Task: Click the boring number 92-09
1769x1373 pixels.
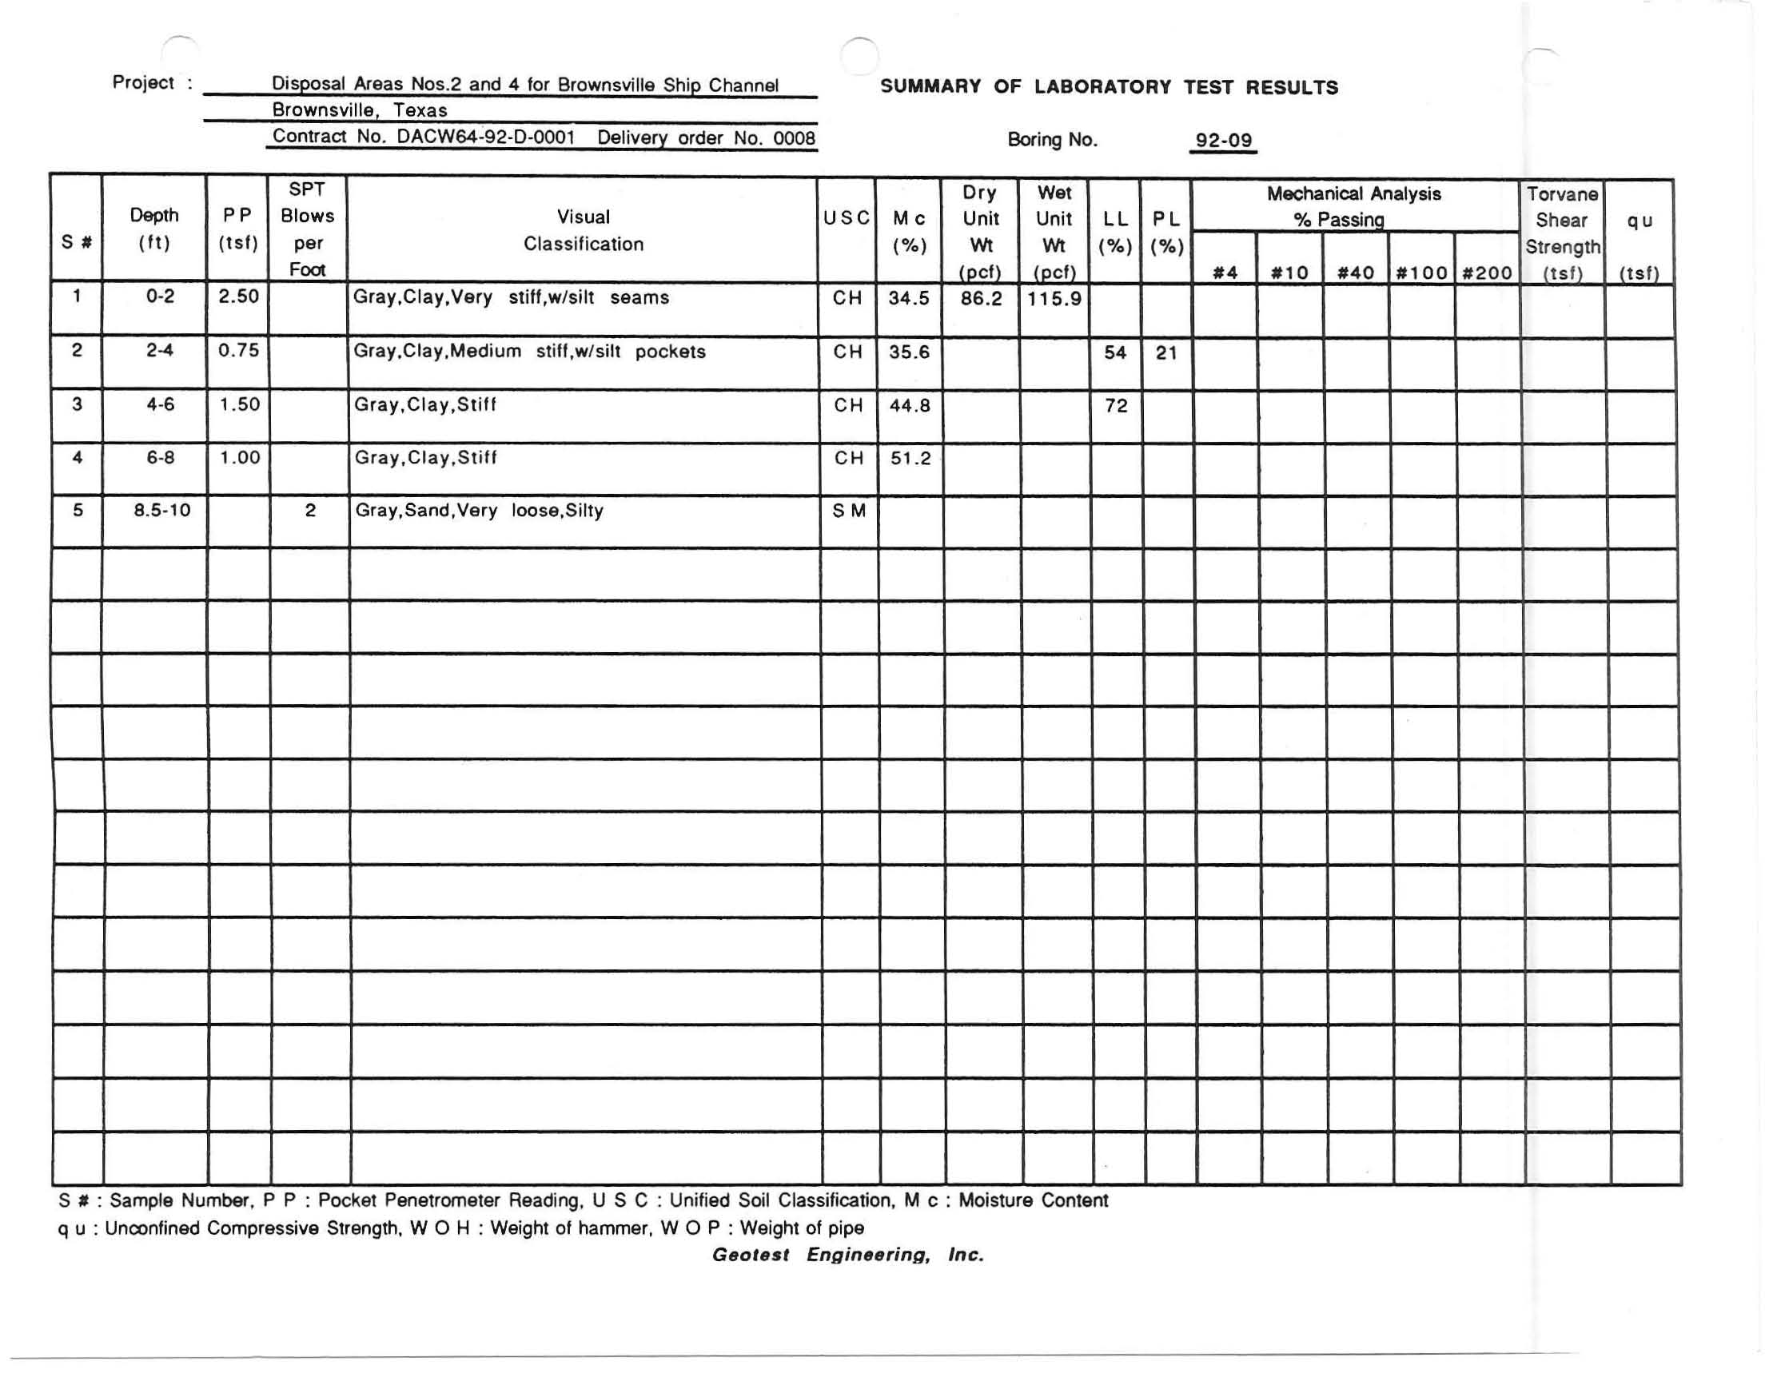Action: click(x=1223, y=140)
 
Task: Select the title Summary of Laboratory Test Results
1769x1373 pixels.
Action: click(x=1109, y=87)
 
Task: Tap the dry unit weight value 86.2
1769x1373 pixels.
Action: click(x=981, y=299)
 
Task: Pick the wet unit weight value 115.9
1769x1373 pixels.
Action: click(x=1054, y=299)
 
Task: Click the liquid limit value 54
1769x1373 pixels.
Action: click(x=1115, y=352)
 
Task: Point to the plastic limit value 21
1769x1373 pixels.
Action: click(x=1165, y=352)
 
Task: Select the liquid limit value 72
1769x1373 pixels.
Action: click(x=1116, y=406)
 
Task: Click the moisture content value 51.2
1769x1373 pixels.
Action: click(x=910, y=459)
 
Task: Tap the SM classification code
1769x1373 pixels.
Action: click(x=848, y=511)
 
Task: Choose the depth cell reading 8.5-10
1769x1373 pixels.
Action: click(x=162, y=511)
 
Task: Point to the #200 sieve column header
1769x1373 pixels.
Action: click(x=1487, y=273)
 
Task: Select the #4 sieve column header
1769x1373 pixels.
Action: click(x=1225, y=273)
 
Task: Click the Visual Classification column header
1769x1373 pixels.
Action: click(x=584, y=230)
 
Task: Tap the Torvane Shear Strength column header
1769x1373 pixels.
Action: click(x=1562, y=233)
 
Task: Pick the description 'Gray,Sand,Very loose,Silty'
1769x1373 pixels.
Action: click(x=479, y=511)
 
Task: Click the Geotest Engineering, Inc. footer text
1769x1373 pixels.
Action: click(x=847, y=1255)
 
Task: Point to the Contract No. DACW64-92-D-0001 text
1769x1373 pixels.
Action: click(x=424, y=136)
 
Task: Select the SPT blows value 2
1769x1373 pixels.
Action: click(x=309, y=511)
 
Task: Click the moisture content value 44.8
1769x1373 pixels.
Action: click(x=910, y=406)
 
